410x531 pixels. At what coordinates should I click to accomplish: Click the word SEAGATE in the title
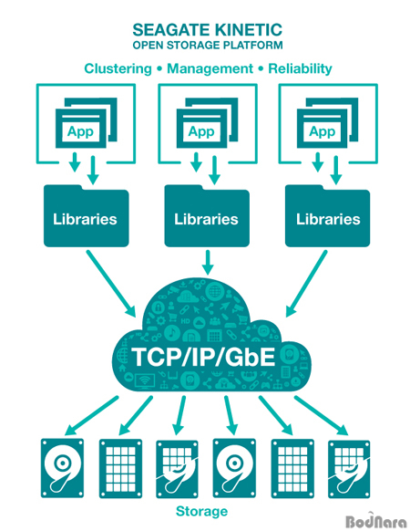pos(172,30)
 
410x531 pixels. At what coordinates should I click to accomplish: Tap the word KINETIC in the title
pos(249,30)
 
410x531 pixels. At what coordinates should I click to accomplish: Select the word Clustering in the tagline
pos(118,68)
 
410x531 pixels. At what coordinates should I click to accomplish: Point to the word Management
pos(210,68)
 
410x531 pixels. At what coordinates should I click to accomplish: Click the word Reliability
pos(300,68)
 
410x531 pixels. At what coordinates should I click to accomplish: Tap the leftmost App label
pos(80,131)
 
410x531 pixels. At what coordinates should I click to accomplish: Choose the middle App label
pos(201,131)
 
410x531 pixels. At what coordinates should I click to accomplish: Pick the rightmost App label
pos(322,131)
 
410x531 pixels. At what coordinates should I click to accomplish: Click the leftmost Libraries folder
pos(87,215)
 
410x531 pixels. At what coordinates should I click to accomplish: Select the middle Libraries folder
pos(207,215)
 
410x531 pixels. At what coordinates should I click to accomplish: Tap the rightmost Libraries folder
pos(327,215)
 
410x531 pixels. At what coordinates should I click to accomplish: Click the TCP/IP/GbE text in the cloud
pos(203,357)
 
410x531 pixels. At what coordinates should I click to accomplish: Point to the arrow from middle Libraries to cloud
pos(208,263)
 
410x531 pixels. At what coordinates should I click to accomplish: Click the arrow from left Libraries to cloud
pos(111,284)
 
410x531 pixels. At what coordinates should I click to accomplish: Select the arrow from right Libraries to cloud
pos(306,284)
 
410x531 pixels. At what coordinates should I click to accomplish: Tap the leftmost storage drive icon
pos(62,468)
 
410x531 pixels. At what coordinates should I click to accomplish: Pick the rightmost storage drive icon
pos(349,469)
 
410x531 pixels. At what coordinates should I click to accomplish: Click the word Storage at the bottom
pos(202,511)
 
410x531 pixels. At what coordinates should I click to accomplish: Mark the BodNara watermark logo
pos(375,521)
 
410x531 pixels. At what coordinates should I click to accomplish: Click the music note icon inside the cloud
pos(172,333)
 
